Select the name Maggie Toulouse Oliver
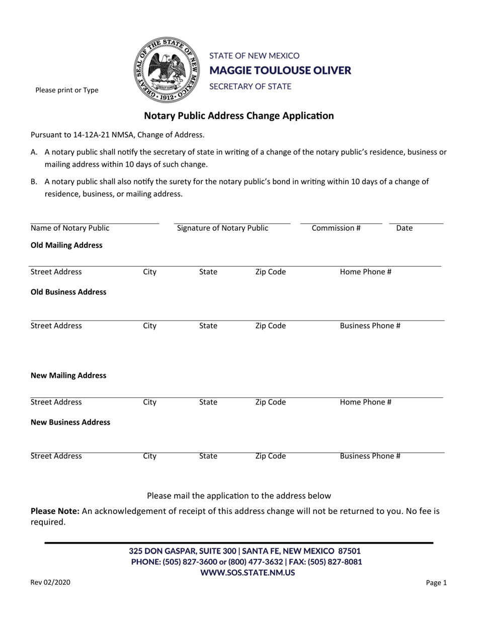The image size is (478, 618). [280, 70]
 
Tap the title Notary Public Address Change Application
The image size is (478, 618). [239, 116]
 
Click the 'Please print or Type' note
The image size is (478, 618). [66, 90]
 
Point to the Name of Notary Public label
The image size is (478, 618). [70, 228]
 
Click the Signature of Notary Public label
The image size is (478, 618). [222, 228]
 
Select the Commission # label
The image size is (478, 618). [336, 228]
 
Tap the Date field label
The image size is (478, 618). [405, 228]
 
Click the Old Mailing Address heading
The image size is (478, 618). [67, 245]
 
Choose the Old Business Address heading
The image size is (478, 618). [68, 292]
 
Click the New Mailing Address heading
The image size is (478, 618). [68, 375]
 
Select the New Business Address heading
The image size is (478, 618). [70, 422]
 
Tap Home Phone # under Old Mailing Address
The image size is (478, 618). [366, 272]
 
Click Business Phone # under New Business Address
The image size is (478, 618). [370, 456]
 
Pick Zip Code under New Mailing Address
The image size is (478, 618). [271, 402]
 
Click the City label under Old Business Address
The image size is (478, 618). [150, 326]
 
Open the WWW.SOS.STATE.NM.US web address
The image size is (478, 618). [248, 572]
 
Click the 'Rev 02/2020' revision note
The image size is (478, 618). [50, 583]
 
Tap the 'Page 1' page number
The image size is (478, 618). [436, 583]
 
